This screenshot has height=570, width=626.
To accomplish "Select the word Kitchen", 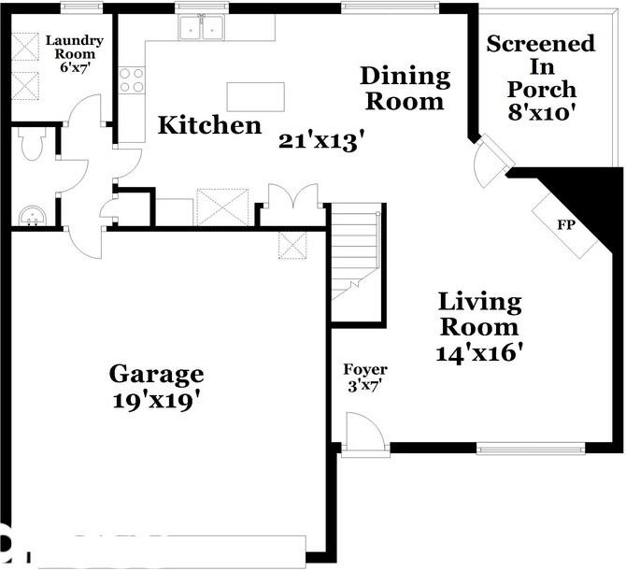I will (x=208, y=125).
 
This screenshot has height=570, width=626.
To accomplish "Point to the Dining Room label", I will (x=405, y=88).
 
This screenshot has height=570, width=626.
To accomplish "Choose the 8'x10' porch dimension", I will (x=541, y=111).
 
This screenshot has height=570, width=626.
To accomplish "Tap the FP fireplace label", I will (x=564, y=225).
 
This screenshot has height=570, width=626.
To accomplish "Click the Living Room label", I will (x=479, y=315).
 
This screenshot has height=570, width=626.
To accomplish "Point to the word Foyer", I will (x=364, y=370).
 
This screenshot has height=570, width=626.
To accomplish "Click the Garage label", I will (x=156, y=375).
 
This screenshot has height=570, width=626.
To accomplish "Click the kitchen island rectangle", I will (x=255, y=96).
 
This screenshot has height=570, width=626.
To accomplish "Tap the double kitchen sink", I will (x=203, y=28).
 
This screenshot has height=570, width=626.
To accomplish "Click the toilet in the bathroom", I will (x=31, y=145).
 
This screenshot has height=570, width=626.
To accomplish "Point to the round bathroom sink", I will (x=31, y=216).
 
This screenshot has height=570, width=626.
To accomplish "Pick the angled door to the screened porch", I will (x=492, y=162).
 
